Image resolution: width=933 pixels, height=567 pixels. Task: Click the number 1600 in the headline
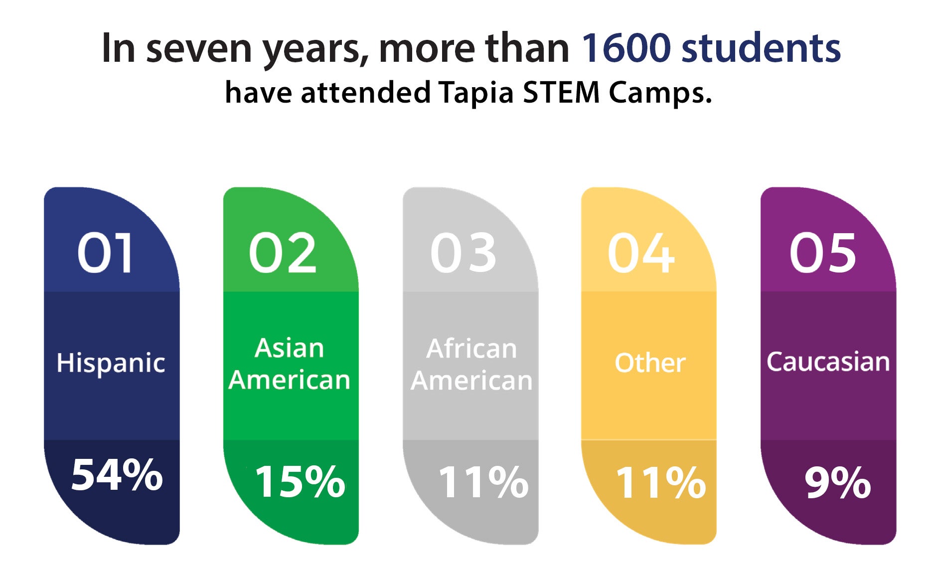point(626,48)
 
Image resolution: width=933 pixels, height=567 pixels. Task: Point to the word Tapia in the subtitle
point(476,93)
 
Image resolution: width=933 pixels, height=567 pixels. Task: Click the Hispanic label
point(111,363)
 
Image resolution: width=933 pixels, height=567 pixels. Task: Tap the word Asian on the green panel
point(290,348)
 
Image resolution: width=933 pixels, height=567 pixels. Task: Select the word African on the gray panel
point(471,348)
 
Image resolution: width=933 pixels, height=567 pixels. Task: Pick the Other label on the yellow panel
point(650,362)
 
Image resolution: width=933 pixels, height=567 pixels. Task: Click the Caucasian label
point(828,362)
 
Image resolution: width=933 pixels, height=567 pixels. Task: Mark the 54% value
point(117,475)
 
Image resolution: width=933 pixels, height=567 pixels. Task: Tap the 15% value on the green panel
point(300,481)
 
